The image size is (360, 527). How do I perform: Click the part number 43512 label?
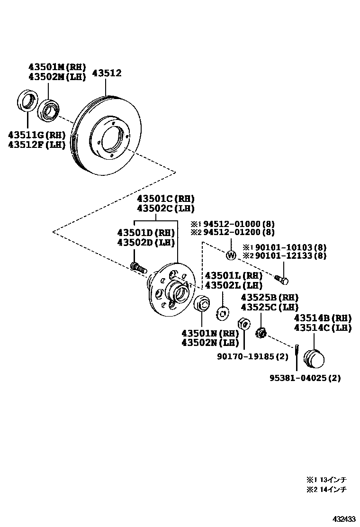[x=107, y=73]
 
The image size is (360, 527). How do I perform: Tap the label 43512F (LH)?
[x=36, y=145]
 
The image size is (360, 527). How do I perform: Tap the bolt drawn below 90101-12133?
[x=281, y=280]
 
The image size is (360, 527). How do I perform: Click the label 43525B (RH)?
[x=270, y=298]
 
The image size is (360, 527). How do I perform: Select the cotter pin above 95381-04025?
[x=296, y=351]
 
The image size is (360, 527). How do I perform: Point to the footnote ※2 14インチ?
[x=327, y=489]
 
